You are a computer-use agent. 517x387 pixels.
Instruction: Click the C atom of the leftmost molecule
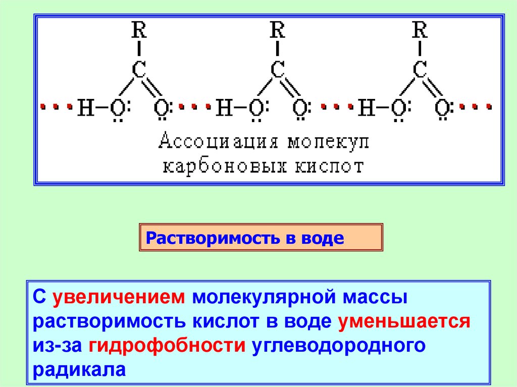click(x=140, y=70)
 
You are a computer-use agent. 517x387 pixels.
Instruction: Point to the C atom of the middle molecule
click(x=278, y=70)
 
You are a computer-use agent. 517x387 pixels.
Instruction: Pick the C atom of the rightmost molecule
click(x=420, y=70)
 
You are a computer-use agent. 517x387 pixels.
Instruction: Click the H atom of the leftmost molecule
click(x=85, y=107)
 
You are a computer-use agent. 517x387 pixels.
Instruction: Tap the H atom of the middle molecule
click(x=225, y=107)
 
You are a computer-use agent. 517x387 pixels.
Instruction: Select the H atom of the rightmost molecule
click(x=367, y=107)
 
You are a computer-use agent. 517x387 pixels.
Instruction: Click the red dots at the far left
click(x=56, y=107)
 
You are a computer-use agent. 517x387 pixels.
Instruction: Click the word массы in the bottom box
click(x=373, y=298)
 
